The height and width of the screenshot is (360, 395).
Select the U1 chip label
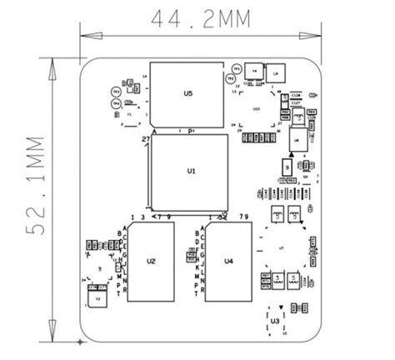191,170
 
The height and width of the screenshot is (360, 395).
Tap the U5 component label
187,94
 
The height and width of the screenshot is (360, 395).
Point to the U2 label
151,261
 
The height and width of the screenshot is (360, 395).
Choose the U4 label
228,261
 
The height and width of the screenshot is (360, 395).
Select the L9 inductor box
277,73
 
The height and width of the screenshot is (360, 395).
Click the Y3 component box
97,298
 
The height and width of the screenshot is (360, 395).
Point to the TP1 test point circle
237,67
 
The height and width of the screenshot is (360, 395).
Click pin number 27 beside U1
145,137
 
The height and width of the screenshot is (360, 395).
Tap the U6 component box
296,141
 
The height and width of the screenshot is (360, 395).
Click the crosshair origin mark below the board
80,342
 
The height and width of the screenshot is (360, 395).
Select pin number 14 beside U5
144,77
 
